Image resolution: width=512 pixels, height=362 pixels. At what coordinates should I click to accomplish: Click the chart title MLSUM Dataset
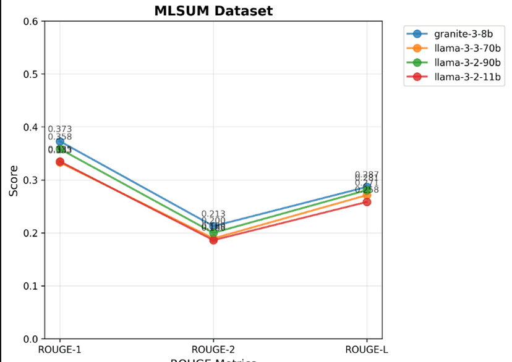(213, 11)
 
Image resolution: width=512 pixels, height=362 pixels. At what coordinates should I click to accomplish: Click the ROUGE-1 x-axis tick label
(60, 350)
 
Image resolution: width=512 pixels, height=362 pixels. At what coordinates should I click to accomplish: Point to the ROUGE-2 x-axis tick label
(213, 350)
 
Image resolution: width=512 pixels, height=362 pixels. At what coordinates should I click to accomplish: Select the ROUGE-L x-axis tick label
(367, 350)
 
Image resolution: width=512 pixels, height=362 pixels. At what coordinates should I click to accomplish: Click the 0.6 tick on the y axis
(30, 22)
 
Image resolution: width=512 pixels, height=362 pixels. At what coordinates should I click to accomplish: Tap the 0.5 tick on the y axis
(30, 74)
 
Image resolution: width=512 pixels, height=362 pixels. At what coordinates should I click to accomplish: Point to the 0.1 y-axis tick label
(30, 286)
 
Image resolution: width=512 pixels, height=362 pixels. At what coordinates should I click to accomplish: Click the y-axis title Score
(14, 180)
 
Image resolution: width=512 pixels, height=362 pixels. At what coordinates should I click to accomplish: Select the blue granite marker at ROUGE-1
(60, 141)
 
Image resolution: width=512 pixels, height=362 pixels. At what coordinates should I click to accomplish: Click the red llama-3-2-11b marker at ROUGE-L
(367, 202)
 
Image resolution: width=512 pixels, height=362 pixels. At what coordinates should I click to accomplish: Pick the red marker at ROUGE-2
(213, 240)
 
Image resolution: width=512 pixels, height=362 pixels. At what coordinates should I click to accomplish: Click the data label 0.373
(60, 129)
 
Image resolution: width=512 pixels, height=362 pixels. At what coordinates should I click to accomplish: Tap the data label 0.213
(213, 214)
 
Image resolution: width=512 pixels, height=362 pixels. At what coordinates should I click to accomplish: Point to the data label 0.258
(367, 190)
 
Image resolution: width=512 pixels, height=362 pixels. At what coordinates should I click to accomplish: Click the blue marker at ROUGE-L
(367, 187)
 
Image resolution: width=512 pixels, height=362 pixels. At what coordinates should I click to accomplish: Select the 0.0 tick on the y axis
(30, 339)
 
